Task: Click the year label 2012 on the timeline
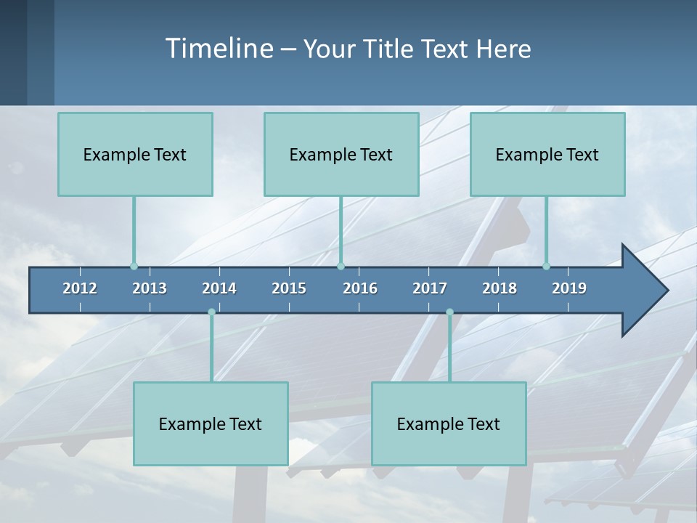click(x=80, y=288)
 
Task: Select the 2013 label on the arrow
click(x=150, y=288)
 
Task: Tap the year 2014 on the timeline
click(x=219, y=288)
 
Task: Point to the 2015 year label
click(x=289, y=288)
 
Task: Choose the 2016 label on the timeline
click(x=360, y=288)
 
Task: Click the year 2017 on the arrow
click(x=430, y=288)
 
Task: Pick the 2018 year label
click(x=500, y=288)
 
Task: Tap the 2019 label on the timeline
click(x=569, y=288)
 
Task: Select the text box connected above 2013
click(x=135, y=154)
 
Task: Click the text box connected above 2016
click(x=341, y=154)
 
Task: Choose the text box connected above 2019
click(x=547, y=154)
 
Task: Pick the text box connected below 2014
click(x=211, y=423)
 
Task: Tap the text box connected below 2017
click(x=449, y=423)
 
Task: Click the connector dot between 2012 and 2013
click(x=134, y=267)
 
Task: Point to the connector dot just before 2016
click(x=341, y=267)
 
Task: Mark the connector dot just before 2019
click(x=546, y=267)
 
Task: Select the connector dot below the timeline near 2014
click(x=211, y=312)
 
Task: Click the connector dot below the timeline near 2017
click(x=449, y=312)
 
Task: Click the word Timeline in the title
click(x=219, y=49)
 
